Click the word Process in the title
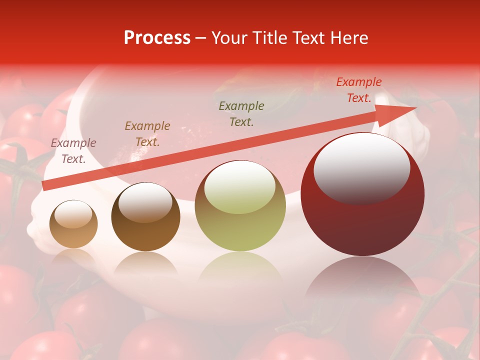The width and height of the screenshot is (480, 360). click(157, 38)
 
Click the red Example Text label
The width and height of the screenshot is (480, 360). click(358, 90)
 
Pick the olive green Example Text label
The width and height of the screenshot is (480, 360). click(241, 114)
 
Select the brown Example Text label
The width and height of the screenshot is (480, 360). click(147, 134)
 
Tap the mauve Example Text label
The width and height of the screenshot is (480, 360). click(73, 151)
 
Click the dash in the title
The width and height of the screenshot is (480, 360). click(200, 38)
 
